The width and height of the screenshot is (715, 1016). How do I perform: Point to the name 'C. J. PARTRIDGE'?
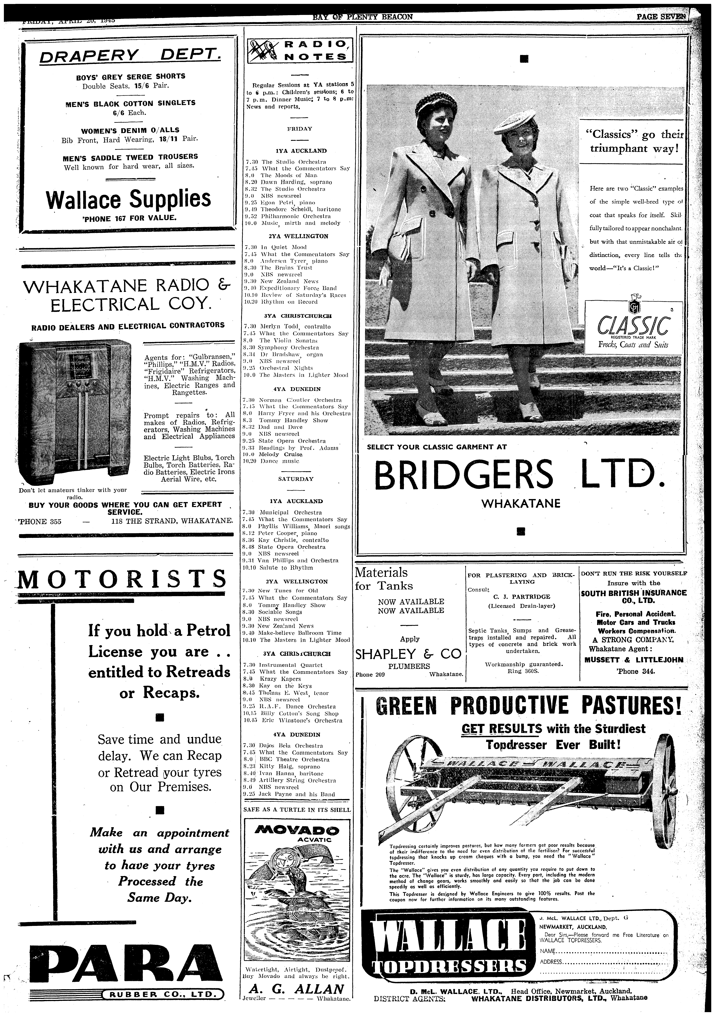click(x=521, y=597)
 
